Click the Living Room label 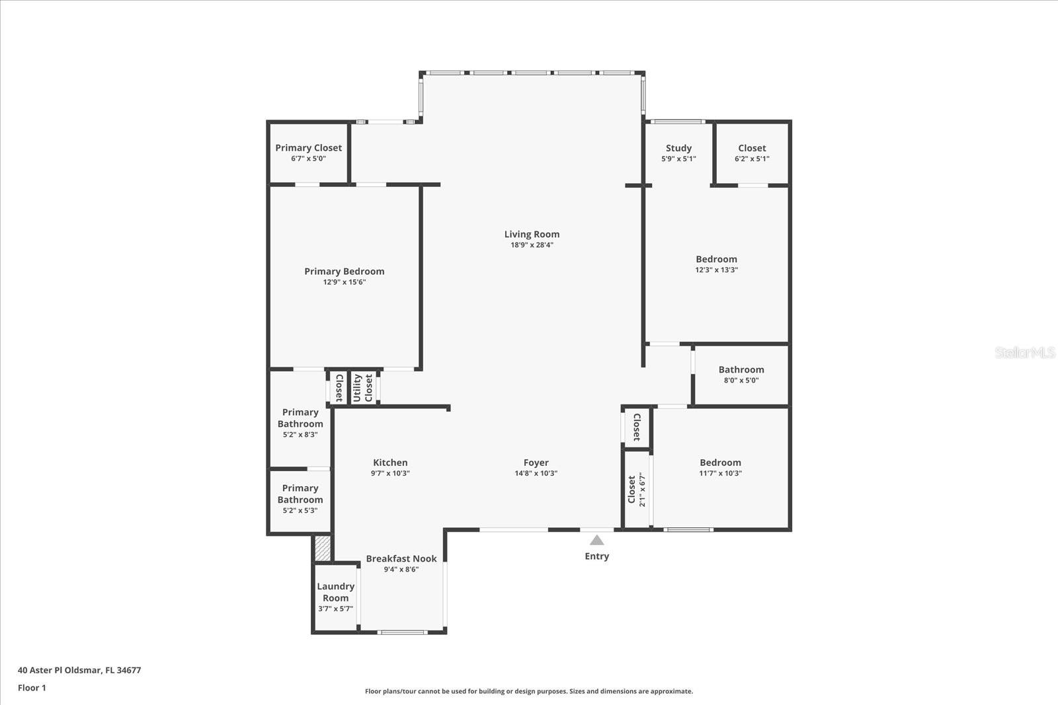pyautogui.click(x=532, y=234)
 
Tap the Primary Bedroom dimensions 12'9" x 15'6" pyautogui.click(x=345, y=282)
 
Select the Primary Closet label pyautogui.click(x=308, y=148)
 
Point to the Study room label pyautogui.click(x=678, y=148)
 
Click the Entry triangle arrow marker pyautogui.click(x=597, y=540)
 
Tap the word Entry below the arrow pyautogui.click(x=597, y=556)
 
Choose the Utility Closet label pyautogui.click(x=363, y=388)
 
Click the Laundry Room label pyautogui.click(x=336, y=592)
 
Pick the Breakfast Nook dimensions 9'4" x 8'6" pyautogui.click(x=401, y=570)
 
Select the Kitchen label pyautogui.click(x=390, y=463)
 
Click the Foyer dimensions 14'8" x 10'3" pyautogui.click(x=536, y=473)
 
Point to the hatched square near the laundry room pyautogui.click(x=323, y=548)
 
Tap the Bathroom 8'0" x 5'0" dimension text pyautogui.click(x=741, y=381)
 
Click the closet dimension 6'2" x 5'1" pyautogui.click(x=752, y=159)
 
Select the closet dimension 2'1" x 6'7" pyautogui.click(x=642, y=490)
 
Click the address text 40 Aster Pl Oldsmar pyautogui.click(x=59, y=670)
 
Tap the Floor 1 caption pyautogui.click(x=32, y=688)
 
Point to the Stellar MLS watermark pyautogui.click(x=1024, y=352)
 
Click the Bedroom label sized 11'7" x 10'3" pyautogui.click(x=720, y=463)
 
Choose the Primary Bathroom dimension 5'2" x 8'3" pyautogui.click(x=300, y=435)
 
